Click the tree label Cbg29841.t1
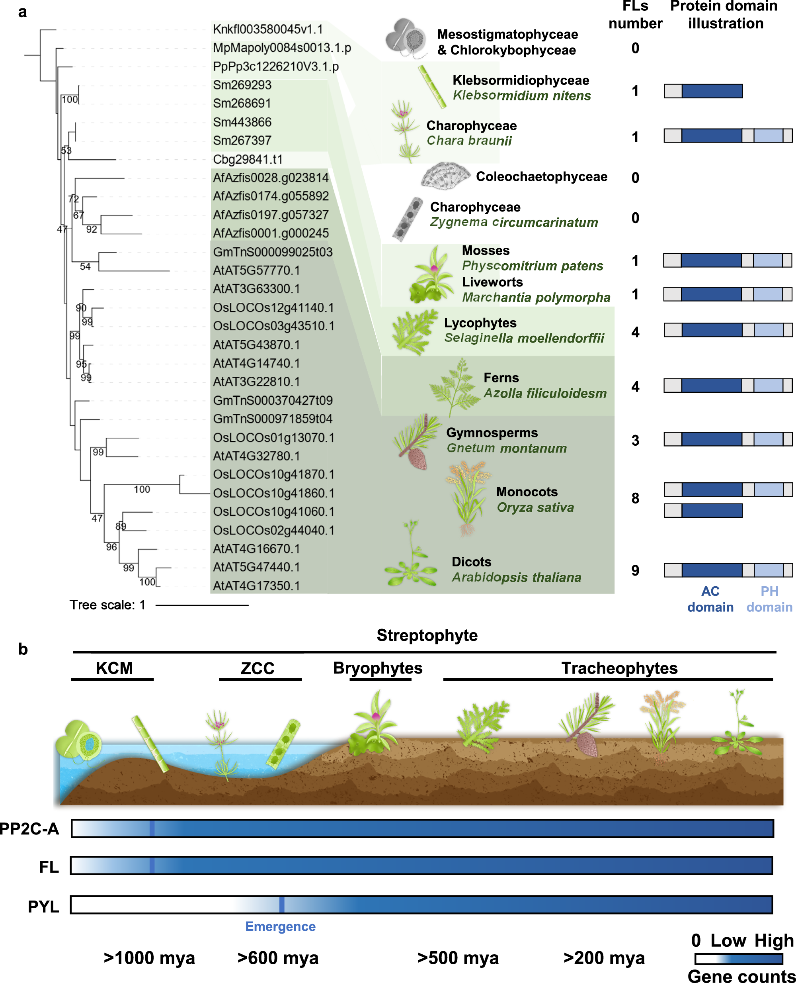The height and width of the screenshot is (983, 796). (248, 159)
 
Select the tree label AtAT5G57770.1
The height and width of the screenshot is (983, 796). (256, 270)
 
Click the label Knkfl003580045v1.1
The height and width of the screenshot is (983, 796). (268, 29)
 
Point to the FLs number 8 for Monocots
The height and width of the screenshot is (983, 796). (635, 498)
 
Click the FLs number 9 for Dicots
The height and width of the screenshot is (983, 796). (635, 570)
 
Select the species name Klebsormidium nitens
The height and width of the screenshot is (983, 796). (521, 96)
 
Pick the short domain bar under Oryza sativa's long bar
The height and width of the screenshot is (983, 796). (703, 511)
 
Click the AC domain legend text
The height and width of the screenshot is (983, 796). (710, 599)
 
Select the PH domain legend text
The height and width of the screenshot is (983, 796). (769, 599)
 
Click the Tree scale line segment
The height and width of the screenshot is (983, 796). (202, 605)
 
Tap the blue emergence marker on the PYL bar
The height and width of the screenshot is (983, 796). (281, 905)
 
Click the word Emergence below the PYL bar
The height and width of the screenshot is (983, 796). (280, 926)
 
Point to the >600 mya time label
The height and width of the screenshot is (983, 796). (277, 958)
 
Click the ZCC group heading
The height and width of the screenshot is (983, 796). (258, 668)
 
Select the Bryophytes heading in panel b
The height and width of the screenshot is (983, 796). (377, 668)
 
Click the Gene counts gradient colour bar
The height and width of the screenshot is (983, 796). (738, 959)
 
